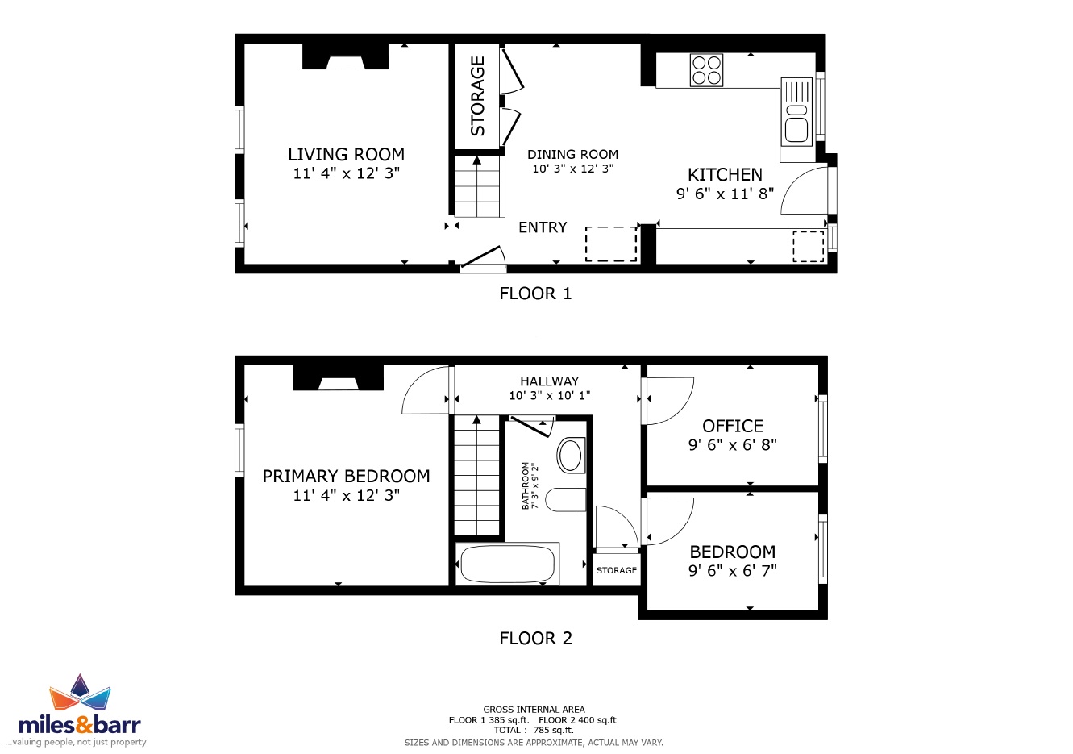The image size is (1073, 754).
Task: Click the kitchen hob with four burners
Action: (706, 70)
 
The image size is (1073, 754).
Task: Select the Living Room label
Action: (346, 154)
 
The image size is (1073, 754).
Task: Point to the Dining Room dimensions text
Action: (573, 169)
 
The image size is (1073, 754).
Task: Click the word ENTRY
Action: (543, 227)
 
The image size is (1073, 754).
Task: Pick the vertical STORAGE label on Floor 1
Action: (477, 96)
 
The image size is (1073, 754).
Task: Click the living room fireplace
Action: (345, 56)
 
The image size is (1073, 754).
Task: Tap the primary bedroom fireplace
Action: (339, 378)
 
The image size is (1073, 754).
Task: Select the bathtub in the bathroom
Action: (507, 564)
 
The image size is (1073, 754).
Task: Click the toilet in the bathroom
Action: (566, 500)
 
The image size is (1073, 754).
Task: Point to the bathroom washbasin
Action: (571, 455)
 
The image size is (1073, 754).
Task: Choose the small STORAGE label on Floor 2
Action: (617, 570)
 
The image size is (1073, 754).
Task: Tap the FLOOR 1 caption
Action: (535, 294)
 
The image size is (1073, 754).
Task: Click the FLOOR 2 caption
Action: (535, 638)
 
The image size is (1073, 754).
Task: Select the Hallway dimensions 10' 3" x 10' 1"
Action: (550, 395)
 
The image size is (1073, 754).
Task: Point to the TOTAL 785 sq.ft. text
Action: (534, 730)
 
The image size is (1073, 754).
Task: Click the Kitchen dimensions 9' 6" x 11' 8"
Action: (726, 194)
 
